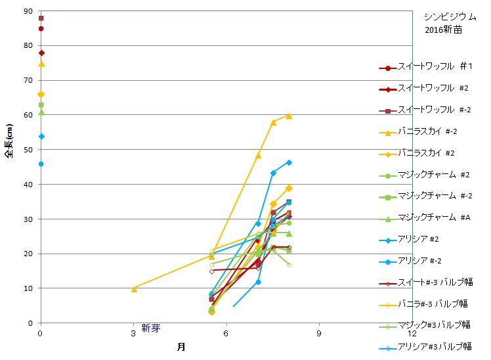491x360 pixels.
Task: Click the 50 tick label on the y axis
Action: [x=28, y=150]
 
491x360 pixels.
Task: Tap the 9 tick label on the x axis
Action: [x=319, y=333]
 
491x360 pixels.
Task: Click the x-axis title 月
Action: [x=181, y=346]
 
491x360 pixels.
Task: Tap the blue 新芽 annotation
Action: [x=150, y=328]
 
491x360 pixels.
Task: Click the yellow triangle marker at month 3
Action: [x=134, y=288]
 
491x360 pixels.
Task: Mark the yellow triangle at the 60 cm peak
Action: [x=289, y=116]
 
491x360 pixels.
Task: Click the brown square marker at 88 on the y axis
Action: [x=41, y=18]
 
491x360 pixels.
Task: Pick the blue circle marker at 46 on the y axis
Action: [x=41, y=164]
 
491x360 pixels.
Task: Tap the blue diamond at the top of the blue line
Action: [x=289, y=162]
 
